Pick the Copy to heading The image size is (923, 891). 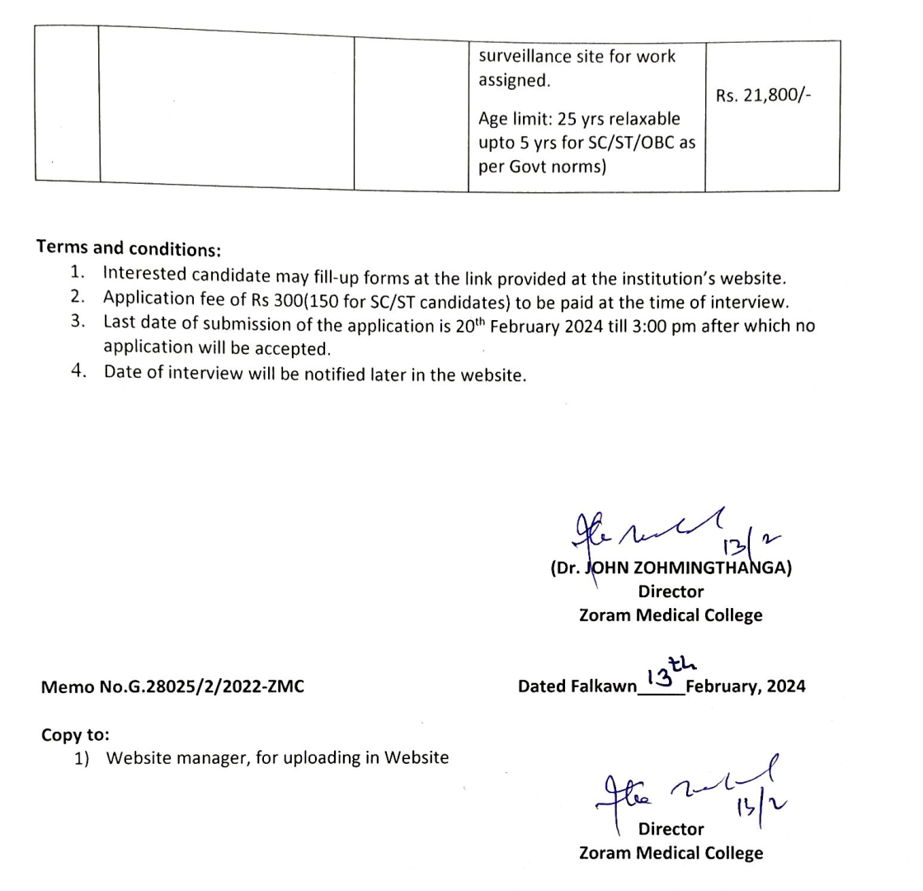coord(75,733)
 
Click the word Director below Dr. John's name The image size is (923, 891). coord(671,592)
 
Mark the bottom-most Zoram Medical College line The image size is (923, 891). coord(671,853)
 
